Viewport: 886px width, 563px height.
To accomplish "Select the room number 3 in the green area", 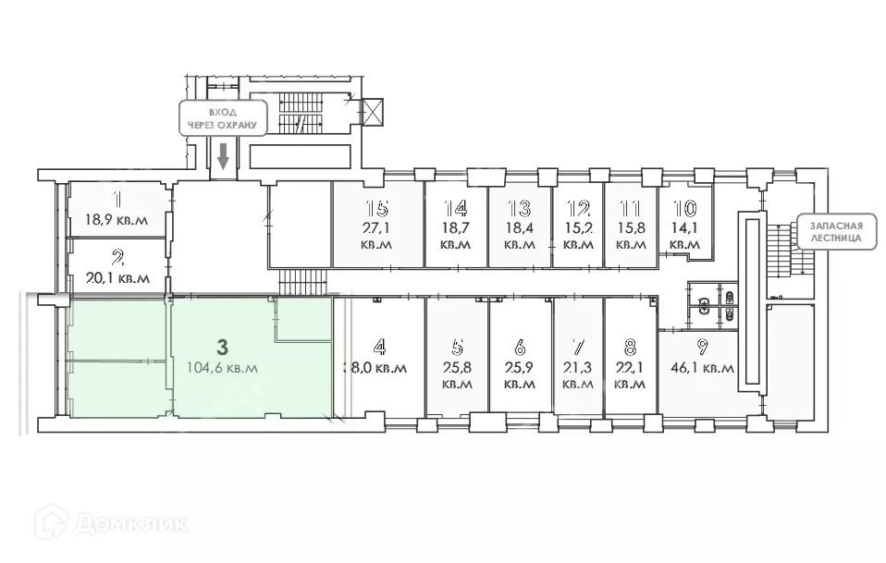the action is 221,348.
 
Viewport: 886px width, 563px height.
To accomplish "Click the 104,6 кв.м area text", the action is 223,367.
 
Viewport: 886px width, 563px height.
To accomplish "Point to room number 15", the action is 376,207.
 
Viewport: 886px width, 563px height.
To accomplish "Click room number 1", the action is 117,198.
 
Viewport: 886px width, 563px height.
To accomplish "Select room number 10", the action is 684,209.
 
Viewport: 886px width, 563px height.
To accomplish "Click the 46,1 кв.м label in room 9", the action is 701,367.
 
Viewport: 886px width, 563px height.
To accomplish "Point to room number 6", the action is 520,348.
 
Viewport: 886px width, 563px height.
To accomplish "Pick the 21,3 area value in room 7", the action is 577,367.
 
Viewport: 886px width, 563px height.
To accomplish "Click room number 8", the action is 630,348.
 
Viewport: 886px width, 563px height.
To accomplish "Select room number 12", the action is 578,207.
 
